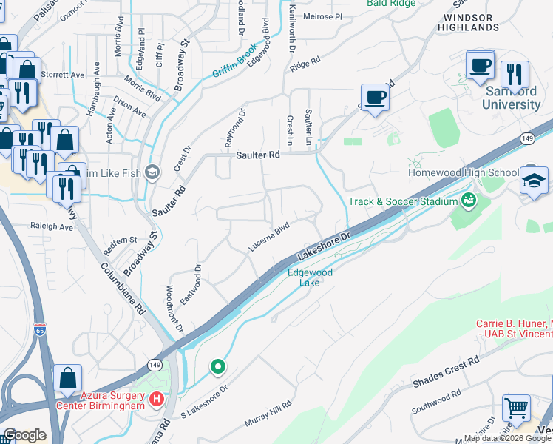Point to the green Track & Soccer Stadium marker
coord(468,200)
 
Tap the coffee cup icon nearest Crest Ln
coord(375,98)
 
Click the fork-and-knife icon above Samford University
coord(515,75)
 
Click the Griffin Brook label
coord(234,67)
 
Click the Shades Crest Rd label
coord(446,371)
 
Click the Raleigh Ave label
coord(51,228)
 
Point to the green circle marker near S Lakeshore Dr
coord(217,366)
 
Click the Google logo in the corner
coord(24,435)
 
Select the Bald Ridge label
coord(390,3)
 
